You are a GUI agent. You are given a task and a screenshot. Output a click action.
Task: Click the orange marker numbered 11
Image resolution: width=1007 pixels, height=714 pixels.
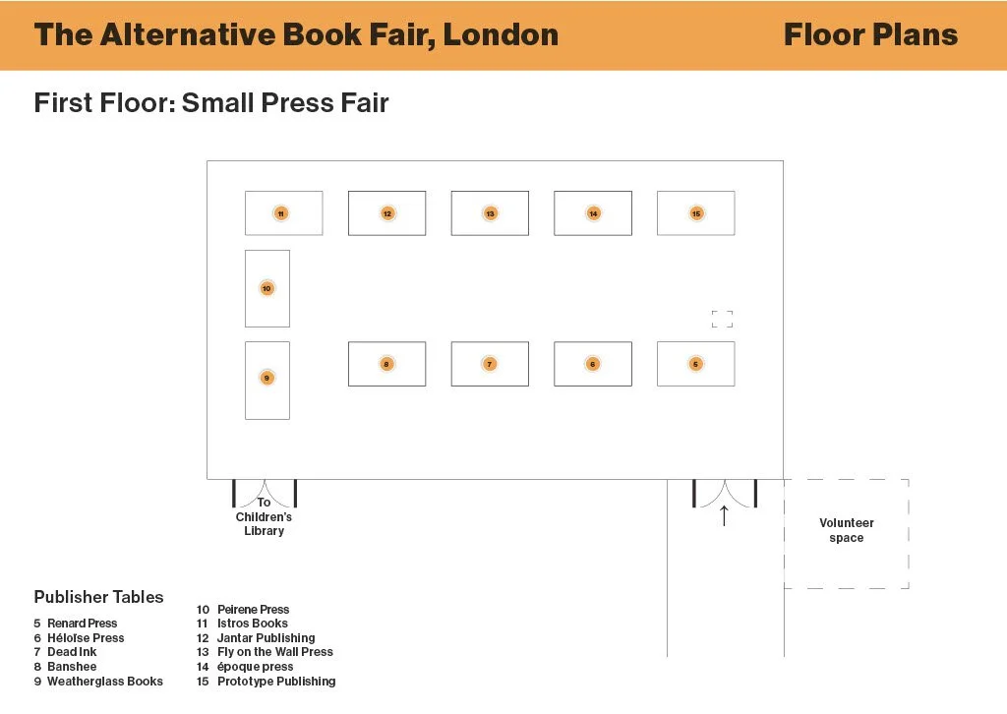tap(281, 213)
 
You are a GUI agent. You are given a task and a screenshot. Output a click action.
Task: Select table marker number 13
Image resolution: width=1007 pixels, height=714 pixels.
tap(490, 213)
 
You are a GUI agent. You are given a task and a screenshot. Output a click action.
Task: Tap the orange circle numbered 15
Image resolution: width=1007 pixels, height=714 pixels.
tap(696, 213)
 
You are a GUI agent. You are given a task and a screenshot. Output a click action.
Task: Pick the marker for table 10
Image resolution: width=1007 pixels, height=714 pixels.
tap(267, 289)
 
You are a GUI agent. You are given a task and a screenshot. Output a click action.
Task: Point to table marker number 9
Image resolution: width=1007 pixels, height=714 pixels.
tap(267, 378)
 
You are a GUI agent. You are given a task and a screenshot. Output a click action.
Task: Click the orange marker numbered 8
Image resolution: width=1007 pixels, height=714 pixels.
tap(386, 364)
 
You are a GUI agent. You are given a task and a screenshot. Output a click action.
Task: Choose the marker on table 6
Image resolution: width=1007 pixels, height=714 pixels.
tap(593, 364)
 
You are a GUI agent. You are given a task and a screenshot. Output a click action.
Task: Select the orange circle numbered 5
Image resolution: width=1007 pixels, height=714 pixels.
tap(696, 364)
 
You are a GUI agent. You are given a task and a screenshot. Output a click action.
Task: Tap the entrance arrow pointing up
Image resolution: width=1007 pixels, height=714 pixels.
tap(725, 515)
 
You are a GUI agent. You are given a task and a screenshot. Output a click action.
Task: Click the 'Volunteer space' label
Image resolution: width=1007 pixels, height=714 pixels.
tap(846, 531)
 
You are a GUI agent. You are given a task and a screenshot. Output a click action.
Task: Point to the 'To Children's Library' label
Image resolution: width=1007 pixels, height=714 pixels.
tap(264, 517)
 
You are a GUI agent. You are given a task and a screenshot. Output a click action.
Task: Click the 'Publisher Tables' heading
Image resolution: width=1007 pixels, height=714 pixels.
tap(98, 597)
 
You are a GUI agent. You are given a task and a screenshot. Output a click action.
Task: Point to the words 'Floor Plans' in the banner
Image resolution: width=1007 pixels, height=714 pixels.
tap(870, 35)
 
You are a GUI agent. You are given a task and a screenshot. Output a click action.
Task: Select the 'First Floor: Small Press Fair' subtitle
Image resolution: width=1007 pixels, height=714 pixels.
tap(211, 102)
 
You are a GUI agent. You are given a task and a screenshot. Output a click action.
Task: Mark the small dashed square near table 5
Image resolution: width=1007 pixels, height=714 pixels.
tap(722, 319)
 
